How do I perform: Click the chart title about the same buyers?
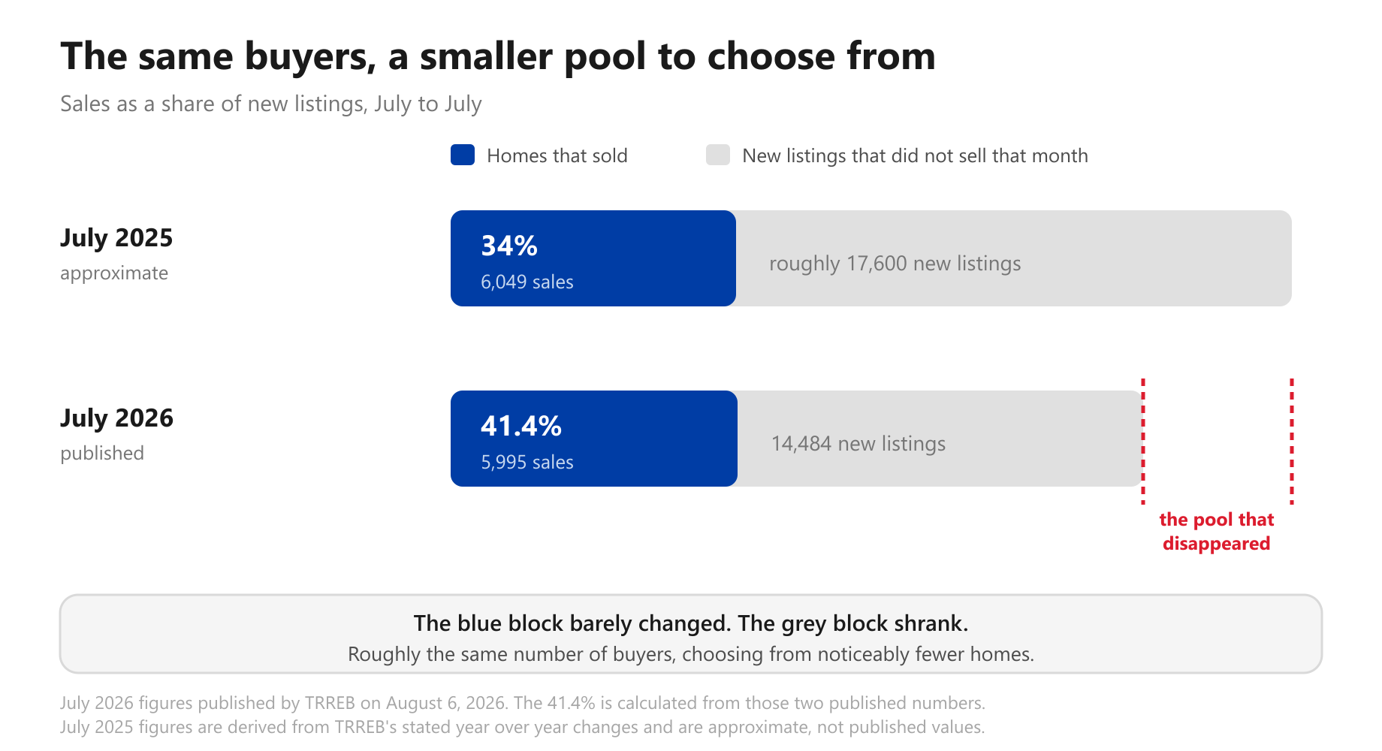498,56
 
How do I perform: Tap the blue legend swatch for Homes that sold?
463,155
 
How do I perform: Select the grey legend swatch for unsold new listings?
718,155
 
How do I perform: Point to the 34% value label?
509,246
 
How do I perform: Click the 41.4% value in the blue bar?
521,426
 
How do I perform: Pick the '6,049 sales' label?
527,282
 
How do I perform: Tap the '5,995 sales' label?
527,462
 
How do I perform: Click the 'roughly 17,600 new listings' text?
895,264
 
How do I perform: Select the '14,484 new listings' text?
858,444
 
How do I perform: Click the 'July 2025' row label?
116,238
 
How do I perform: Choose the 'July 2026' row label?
116,418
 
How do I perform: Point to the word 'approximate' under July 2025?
114,273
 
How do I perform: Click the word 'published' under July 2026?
102,454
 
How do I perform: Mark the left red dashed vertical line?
1143,441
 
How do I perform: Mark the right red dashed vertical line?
1292,441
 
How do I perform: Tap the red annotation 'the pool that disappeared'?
1217,532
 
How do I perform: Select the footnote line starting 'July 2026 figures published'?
523,703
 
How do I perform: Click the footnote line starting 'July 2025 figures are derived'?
523,727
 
